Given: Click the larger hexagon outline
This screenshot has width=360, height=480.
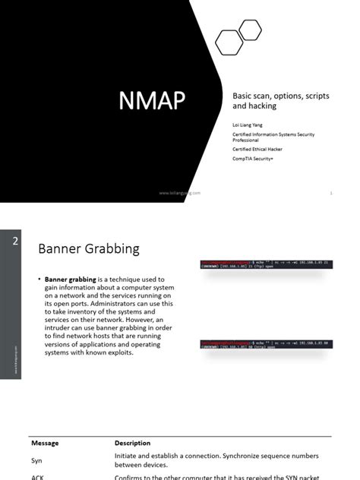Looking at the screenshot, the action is click(x=229, y=43).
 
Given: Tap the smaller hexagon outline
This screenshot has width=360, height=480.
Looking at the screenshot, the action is click(x=250, y=30).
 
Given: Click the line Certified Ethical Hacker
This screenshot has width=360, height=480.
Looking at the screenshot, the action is click(x=257, y=149).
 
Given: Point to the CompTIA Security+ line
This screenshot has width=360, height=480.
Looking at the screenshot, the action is click(x=254, y=160).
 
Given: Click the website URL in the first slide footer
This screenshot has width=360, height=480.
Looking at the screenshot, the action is click(x=180, y=193).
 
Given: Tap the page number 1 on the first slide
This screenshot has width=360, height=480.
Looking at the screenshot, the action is click(x=332, y=193).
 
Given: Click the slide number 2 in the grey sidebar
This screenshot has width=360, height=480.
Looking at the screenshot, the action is click(x=15, y=242).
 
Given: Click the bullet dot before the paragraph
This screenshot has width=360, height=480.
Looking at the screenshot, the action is click(x=39, y=279).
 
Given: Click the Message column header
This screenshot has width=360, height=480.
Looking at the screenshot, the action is click(x=47, y=443).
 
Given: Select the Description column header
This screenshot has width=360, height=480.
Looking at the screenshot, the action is click(x=132, y=443).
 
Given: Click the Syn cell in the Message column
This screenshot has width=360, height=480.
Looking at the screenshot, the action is click(x=36, y=460).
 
